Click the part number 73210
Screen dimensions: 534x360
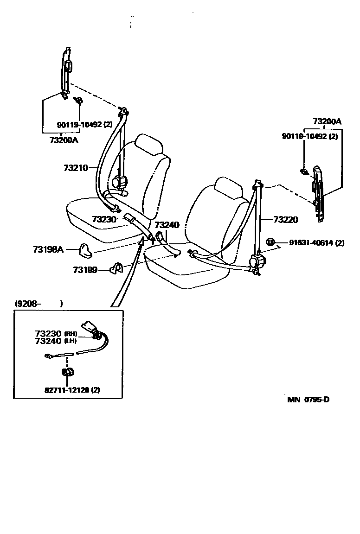pos(76,167)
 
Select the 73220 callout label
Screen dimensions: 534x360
pos(285,219)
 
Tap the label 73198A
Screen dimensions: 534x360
pos(48,249)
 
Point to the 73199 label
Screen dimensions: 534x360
pos(85,269)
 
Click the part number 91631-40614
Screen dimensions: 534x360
pos(311,242)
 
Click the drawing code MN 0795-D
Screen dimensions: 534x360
pos(309,400)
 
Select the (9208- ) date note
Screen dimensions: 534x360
pos(39,304)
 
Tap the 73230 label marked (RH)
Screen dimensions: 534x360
pos(48,333)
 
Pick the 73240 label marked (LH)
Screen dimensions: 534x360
pos(48,341)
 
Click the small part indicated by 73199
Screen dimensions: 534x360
pos(116,268)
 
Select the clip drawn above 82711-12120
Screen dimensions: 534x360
pos(68,372)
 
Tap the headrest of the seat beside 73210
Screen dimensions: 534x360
pos(149,144)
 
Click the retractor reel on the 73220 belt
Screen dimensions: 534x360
pos(256,263)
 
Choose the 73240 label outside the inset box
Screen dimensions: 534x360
pos(167,225)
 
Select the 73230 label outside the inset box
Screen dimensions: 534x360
pos(104,219)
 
